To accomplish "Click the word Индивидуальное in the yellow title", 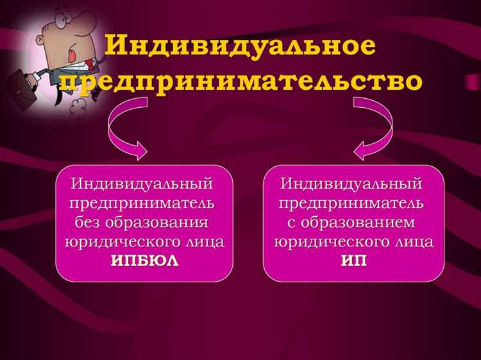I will tap(240, 46).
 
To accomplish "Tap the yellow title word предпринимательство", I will tap(249, 83).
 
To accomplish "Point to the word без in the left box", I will tap(90, 223).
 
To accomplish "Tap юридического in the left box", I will tap(121, 242).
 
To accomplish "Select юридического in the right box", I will tap(331, 242).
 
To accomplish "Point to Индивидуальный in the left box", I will tap(142, 184).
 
